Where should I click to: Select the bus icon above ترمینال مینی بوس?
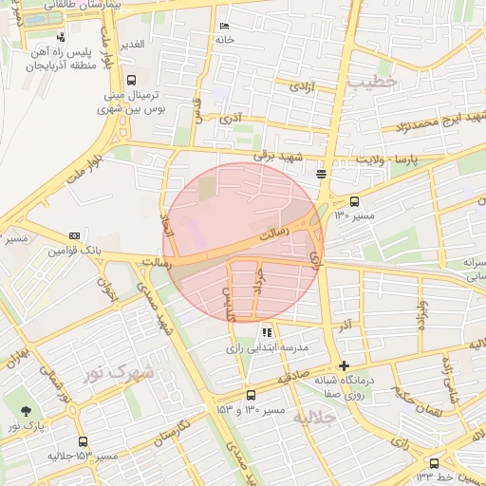[x=130, y=80]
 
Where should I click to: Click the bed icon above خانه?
[x=224, y=26]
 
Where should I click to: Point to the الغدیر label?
[x=130, y=45]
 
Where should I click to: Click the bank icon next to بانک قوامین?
[x=74, y=236]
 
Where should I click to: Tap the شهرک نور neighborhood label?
[x=118, y=373]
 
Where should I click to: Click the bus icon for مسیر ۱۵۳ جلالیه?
[x=83, y=441]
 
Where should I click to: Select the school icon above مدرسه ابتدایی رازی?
[x=267, y=332]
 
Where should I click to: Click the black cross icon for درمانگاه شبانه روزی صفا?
[x=344, y=366]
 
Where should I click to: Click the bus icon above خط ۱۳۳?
[x=435, y=463]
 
